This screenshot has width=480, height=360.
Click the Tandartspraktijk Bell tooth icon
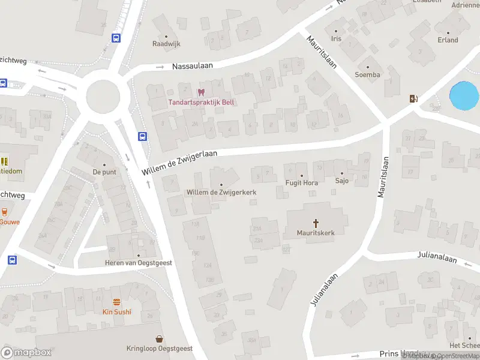201,92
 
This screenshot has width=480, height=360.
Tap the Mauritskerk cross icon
316,223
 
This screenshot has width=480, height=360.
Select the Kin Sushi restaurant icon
116,302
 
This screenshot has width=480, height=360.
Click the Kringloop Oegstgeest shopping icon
160,339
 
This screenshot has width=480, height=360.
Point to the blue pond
464,96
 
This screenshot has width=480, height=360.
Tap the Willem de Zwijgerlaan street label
179,163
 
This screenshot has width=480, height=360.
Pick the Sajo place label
342,181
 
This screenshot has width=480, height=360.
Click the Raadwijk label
166,44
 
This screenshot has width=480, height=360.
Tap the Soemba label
367,75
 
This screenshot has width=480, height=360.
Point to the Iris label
336,38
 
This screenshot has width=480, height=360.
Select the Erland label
448,40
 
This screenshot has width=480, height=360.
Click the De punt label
104,172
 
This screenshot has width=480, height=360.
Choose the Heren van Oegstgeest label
139,263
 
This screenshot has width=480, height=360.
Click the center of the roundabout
107,95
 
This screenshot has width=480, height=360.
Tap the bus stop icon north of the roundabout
116,38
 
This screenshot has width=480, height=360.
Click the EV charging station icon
413,98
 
